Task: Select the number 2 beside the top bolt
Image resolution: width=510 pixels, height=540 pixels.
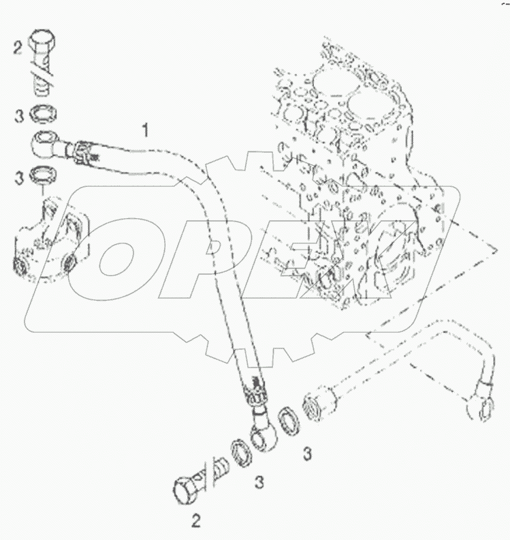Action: coord(18,48)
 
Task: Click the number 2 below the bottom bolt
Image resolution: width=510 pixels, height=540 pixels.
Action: coord(195,522)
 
